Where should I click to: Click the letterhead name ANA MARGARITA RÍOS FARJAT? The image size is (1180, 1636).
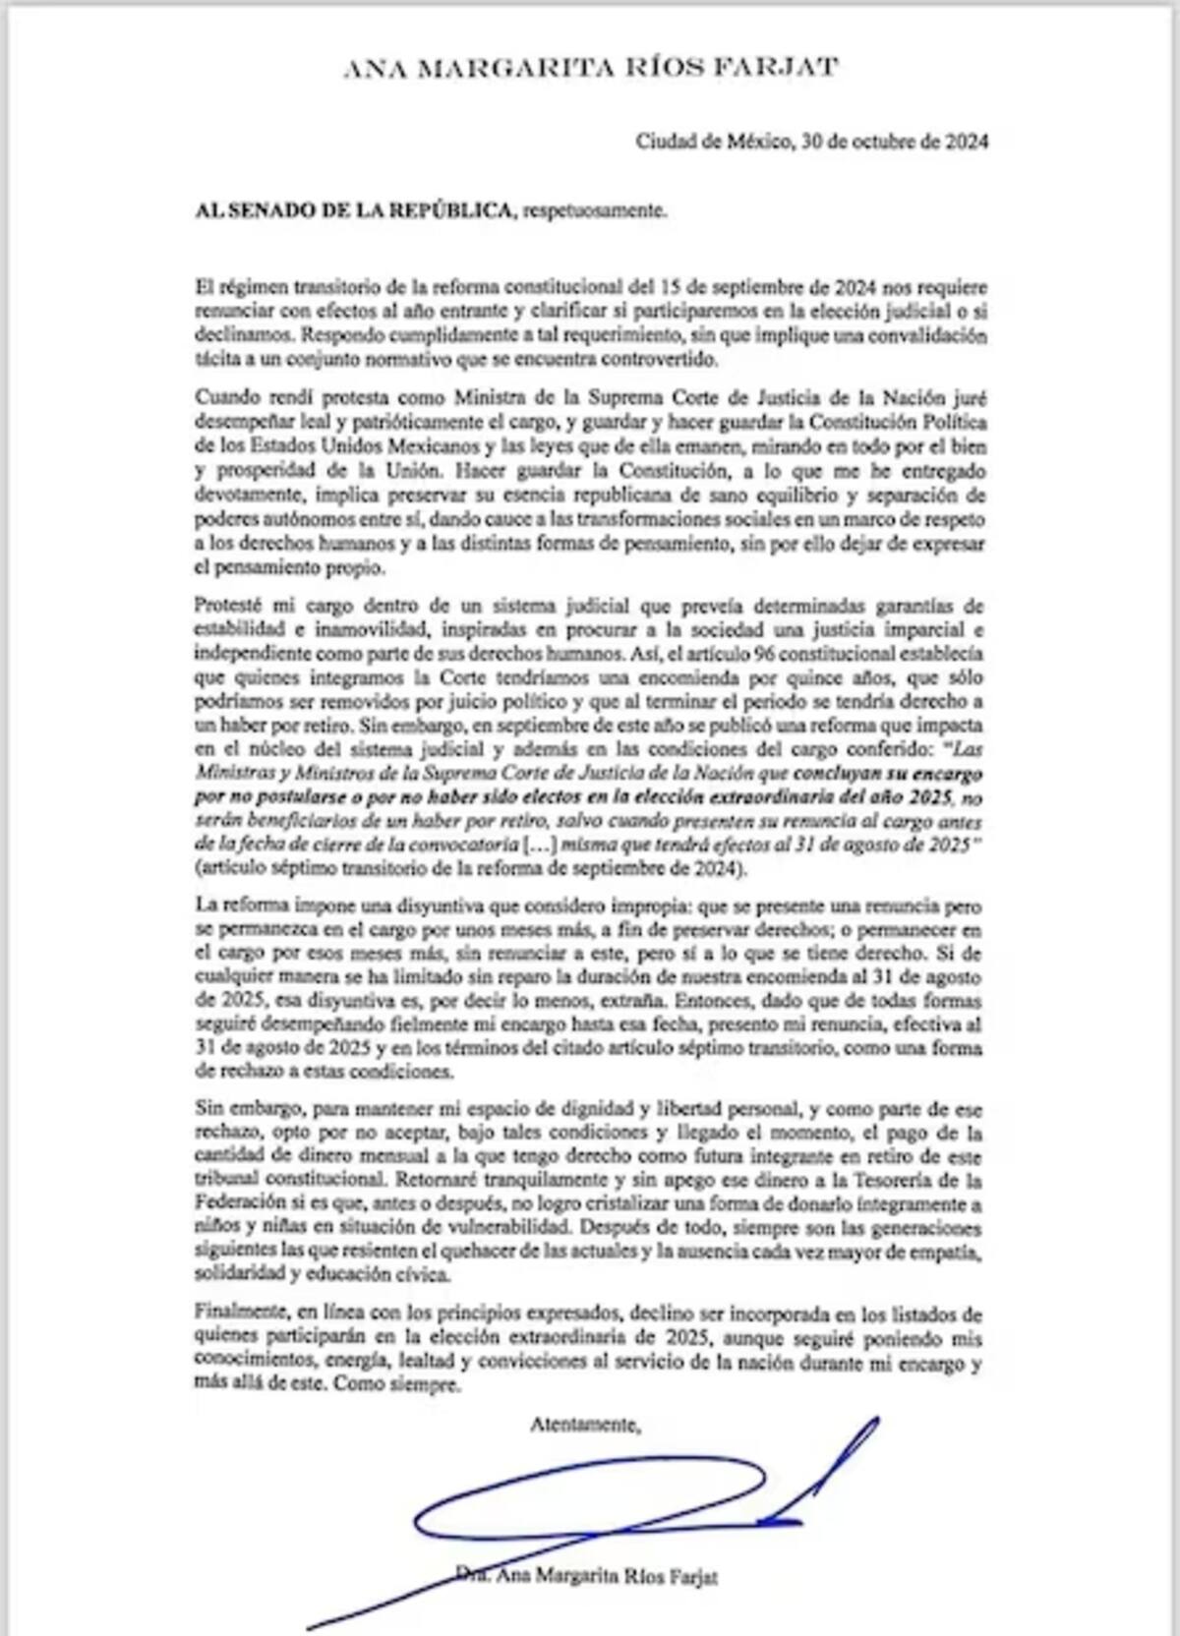click(x=590, y=68)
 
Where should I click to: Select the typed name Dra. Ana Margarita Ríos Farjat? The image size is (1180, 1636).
click(x=587, y=1576)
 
